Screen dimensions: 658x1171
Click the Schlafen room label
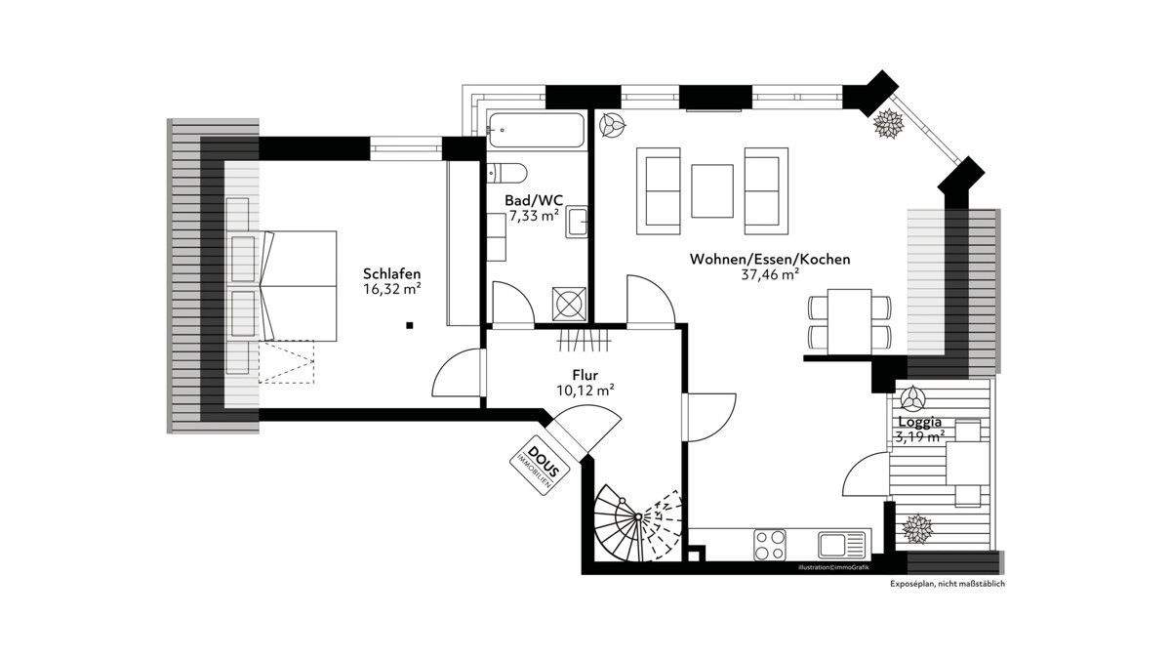click(x=391, y=272)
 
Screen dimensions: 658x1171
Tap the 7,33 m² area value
click(x=533, y=216)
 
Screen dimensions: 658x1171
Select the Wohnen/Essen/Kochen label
click(x=770, y=260)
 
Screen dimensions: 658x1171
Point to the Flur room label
click(x=585, y=374)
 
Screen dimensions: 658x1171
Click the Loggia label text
click(x=918, y=422)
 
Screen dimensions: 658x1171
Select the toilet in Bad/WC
click(x=507, y=174)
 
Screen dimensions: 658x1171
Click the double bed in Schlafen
click(x=282, y=285)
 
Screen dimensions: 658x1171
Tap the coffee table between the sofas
click(x=712, y=190)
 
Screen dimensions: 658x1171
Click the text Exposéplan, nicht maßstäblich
click(x=947, y=584)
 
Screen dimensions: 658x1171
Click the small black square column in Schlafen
click(x=411, y=324)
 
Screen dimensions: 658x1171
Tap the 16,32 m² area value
click(x=391, y=289)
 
